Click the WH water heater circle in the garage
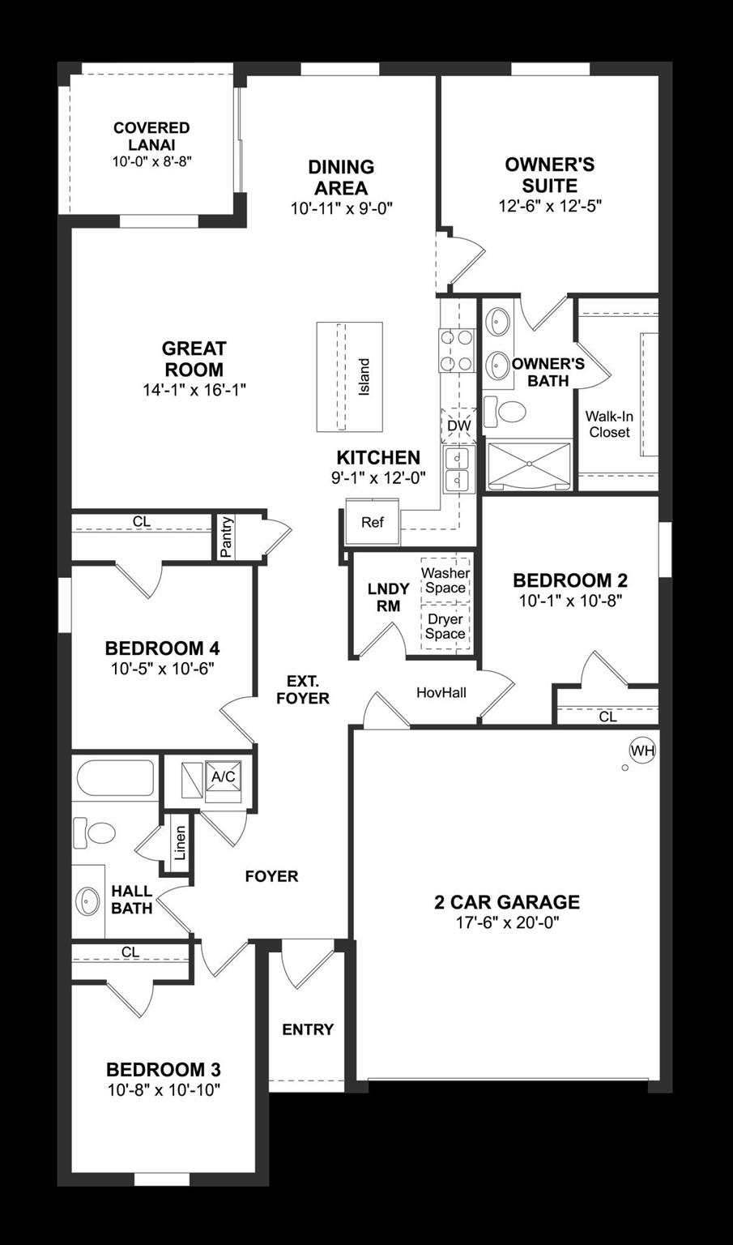tap(642, 751)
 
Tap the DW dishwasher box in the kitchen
tap(458, 426)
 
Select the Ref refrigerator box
tap(372, 523)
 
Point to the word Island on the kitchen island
tap(364, 377)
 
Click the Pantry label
tap(226, 537)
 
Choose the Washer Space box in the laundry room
tap(445, 580)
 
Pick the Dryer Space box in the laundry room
tap(445, 627)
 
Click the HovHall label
tap(441, 692)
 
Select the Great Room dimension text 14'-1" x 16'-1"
tap(194, 390)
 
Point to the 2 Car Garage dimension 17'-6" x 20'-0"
tap(507, 922)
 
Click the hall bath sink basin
tap(88, 900)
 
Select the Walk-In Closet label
tap(609, 424)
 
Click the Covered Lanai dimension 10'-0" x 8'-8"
tap(151, 162)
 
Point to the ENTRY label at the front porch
tap(308, 1029)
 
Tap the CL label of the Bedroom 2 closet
tap(607, 717)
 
